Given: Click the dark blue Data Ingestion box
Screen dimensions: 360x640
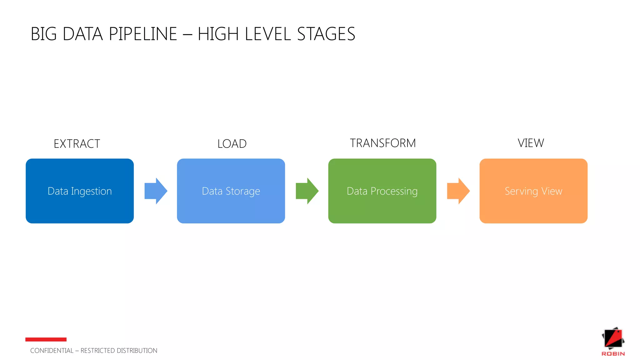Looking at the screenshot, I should [80, 191].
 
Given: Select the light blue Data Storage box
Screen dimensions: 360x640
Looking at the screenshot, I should [231, 191].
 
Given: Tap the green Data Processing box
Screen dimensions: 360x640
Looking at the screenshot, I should [382, 191].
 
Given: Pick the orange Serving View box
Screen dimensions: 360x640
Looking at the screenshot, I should [533, 191].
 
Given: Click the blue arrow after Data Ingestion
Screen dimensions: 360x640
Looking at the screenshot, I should [156, 191].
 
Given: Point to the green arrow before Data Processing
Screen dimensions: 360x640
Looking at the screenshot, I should [307, 191].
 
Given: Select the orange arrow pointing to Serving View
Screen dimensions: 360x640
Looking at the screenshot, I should [458, 191].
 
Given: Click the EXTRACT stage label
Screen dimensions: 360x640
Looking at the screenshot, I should [77, 144].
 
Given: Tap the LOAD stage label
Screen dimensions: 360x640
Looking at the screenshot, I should [232, 144].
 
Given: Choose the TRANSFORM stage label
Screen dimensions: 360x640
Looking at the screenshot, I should [383, 143].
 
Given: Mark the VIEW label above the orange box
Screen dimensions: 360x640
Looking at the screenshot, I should [531, 143].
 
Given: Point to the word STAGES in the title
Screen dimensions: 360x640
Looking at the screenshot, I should [326, 34].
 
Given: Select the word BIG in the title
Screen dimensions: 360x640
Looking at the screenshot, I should [44, 34].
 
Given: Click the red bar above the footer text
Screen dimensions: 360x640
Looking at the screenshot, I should [46, 339].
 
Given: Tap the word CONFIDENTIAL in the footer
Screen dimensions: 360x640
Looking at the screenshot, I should [52, 351].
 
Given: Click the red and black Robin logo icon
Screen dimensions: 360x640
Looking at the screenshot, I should [613, 338].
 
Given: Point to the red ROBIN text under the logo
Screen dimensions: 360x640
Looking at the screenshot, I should [613, 354].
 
